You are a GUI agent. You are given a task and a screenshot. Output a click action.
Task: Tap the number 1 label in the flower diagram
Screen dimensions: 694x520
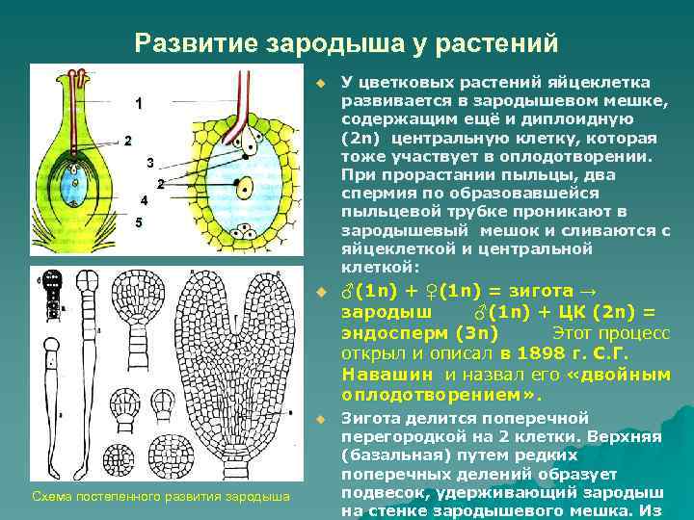[140, 103]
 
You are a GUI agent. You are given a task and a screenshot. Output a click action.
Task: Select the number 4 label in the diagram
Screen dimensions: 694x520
[143, 201]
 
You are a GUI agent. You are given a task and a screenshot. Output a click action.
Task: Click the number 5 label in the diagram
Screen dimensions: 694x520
[139, 222]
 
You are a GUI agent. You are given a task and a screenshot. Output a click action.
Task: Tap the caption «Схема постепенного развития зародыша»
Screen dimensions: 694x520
[161, 497]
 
